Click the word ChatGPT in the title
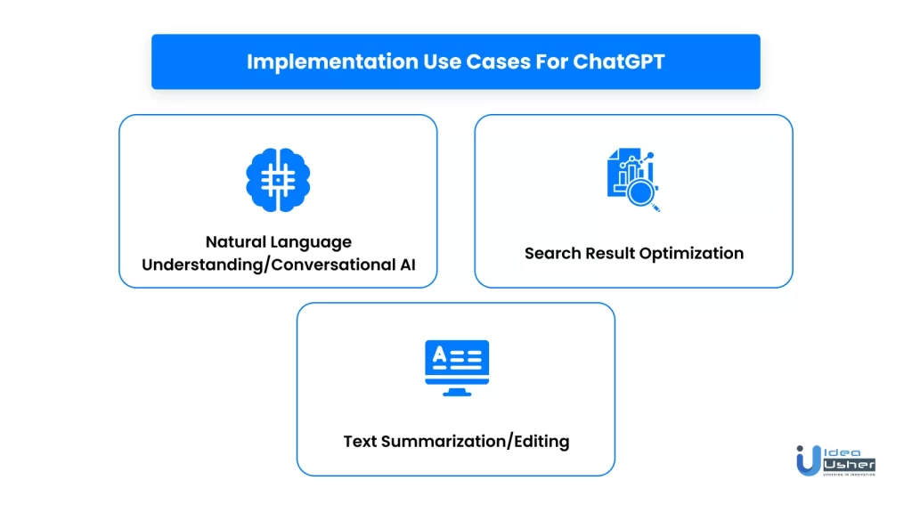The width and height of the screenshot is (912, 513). [618, 61]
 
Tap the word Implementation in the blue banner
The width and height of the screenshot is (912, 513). [332, 62]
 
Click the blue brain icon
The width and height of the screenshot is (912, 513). [278, 180]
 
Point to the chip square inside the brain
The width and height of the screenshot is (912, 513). [278, 180]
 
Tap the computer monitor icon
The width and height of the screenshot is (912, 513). [457, 368]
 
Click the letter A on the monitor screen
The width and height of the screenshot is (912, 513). [440, 354]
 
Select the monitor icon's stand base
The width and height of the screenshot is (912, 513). [457, 393]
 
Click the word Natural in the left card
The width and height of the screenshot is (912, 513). [235, 242]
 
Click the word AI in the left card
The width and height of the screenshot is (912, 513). [407, 265]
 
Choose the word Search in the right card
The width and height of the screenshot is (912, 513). [552, 254]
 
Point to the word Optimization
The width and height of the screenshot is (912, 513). [691, 254]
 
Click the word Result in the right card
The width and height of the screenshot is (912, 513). [609, 254]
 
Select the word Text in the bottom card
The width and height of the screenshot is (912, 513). [360, 442]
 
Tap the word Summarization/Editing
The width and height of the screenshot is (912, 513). [476, 442]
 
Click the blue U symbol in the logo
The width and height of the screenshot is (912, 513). [809, 460]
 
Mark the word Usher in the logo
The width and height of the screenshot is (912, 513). [849, 465]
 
